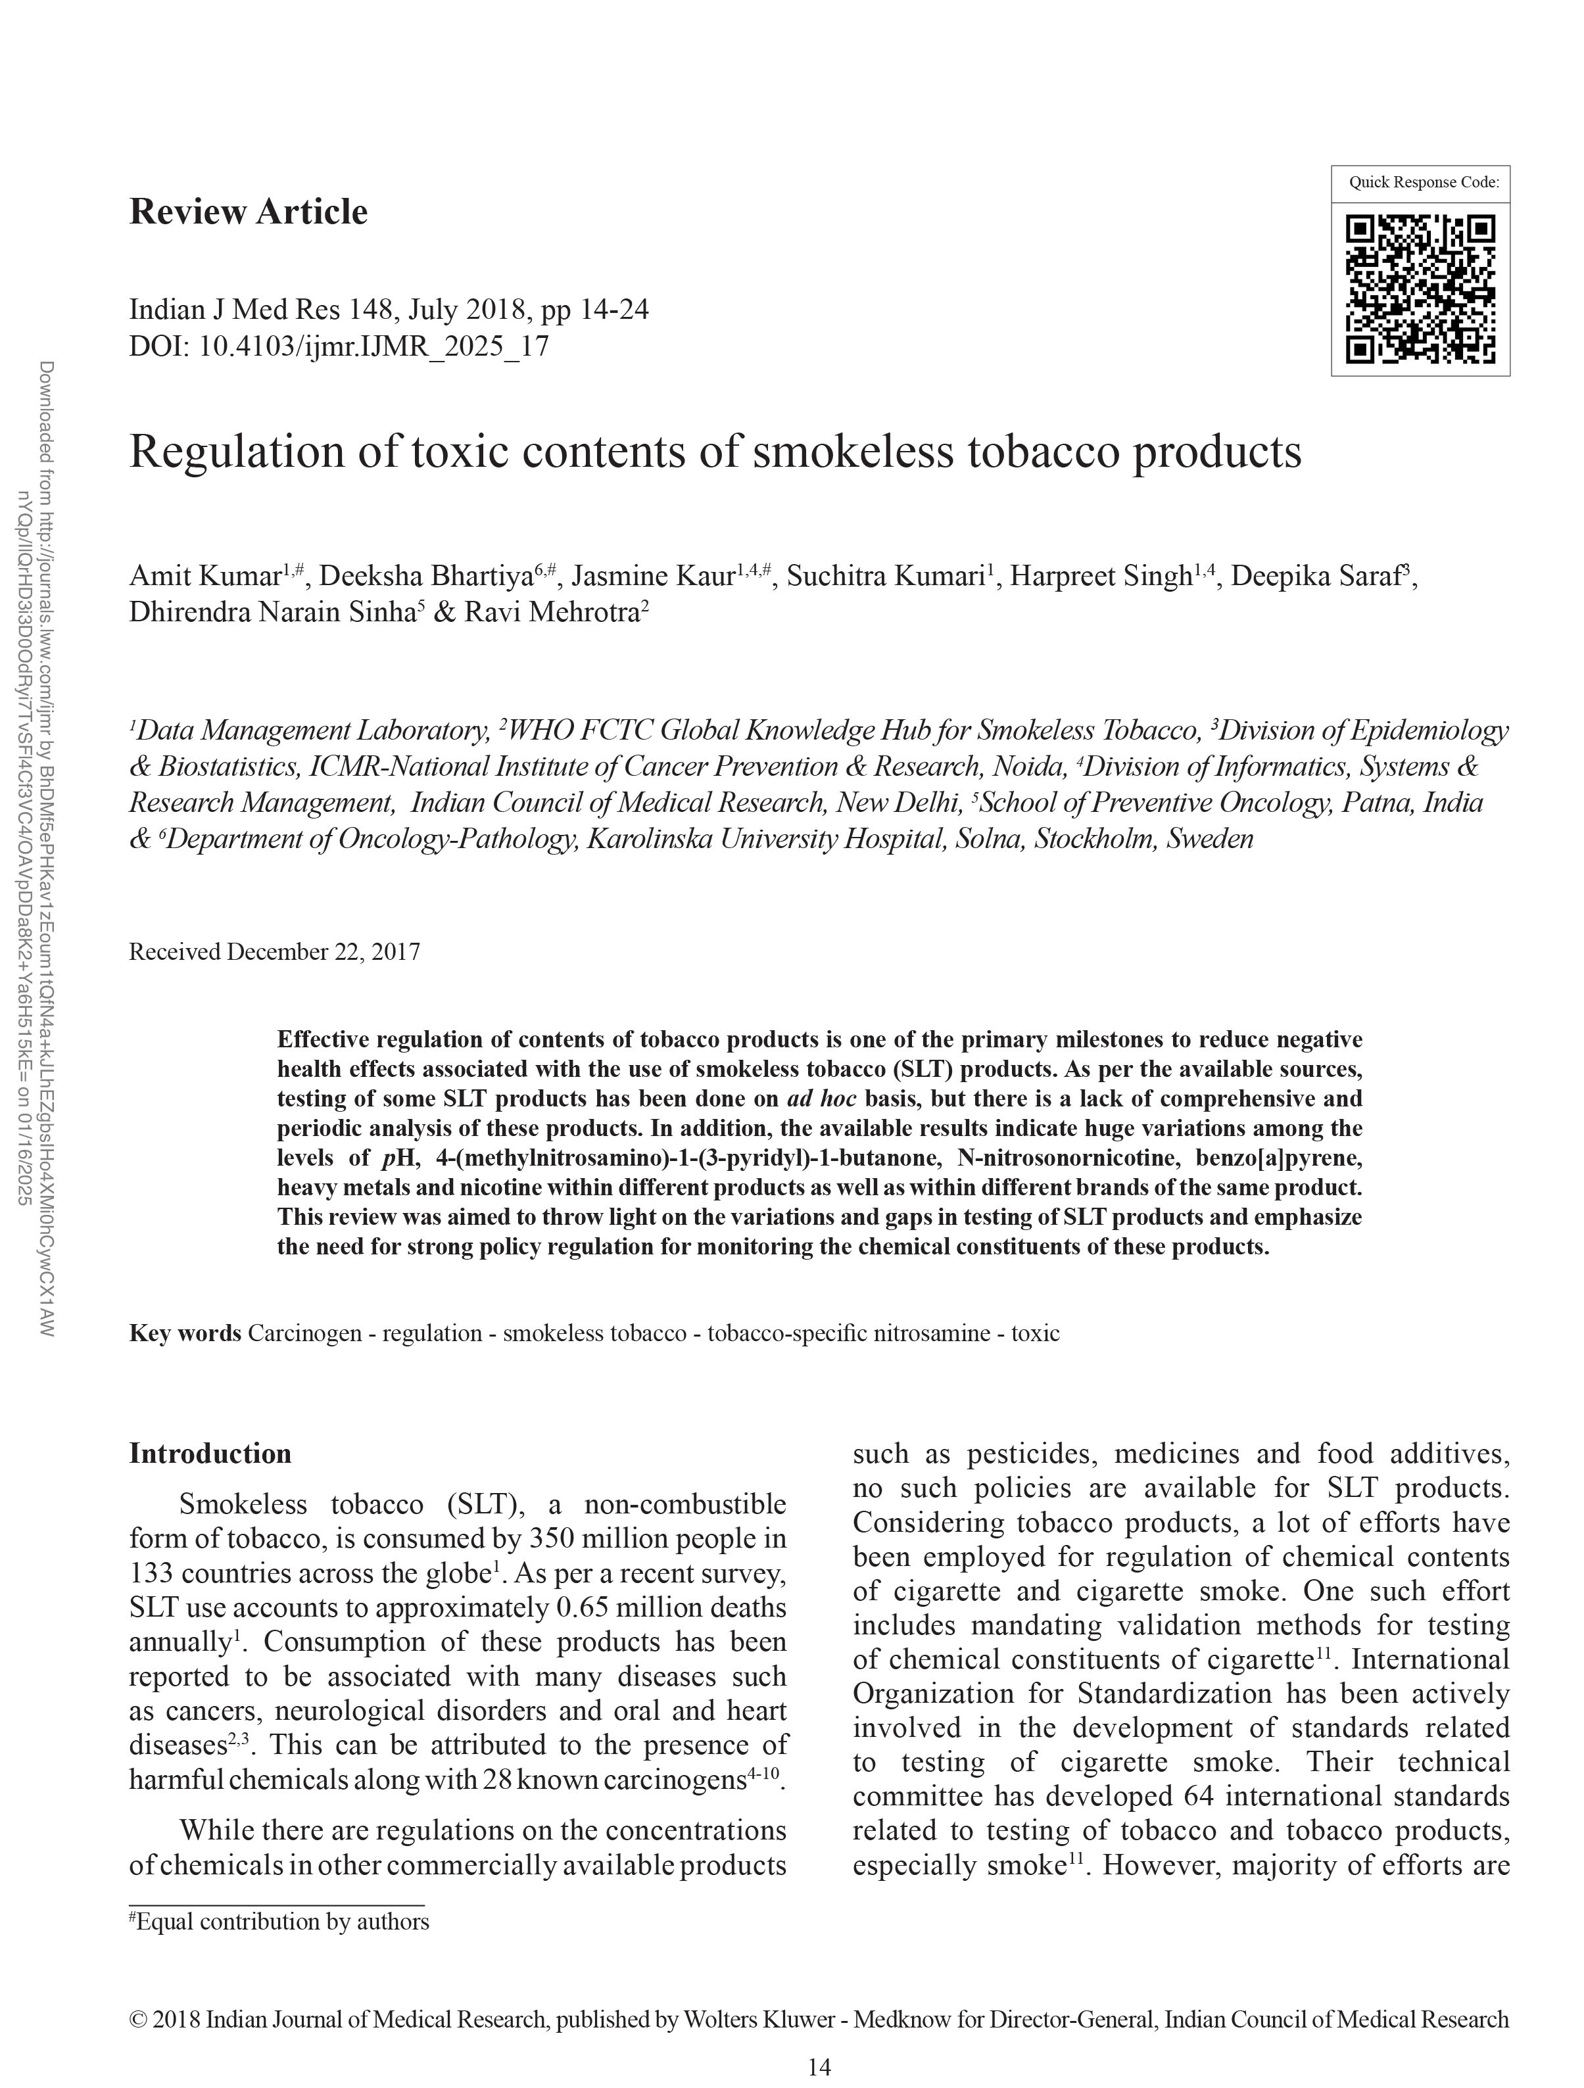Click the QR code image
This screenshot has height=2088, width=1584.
(1420, 289)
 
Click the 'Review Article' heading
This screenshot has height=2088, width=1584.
(249, 212)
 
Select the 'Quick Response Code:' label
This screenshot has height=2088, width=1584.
(1424, 182)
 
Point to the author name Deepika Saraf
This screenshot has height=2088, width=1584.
(1319, 576)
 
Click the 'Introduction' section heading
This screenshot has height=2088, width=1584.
(210, 1453)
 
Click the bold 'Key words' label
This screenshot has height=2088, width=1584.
(185, 1334)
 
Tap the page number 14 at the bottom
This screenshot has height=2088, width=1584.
(819, 2067)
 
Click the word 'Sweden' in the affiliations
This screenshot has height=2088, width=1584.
(1210, 839)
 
